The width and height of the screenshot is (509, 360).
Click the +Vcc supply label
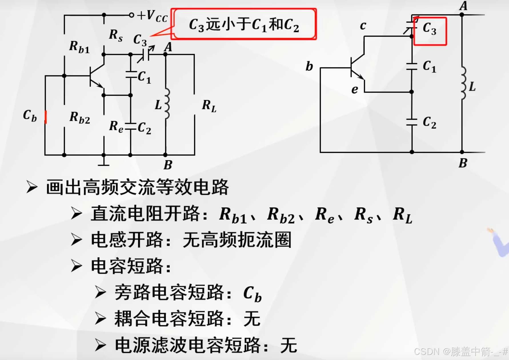click(152, 16)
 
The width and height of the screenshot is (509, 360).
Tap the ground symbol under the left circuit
click(104, 163)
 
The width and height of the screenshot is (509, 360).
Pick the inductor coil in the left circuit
click(167, 103)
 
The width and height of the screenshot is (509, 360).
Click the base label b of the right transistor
click(309, 66)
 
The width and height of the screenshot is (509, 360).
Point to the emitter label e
click(354, 90)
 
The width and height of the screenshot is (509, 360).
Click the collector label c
click(363, 26)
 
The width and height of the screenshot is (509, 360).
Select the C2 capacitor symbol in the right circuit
click(412, 122)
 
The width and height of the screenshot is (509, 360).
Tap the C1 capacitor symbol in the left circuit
click(131, 75)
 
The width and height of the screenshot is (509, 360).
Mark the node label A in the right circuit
click(463, 6)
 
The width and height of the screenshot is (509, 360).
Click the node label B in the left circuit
click(168, 165)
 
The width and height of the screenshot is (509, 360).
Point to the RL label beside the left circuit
click(209, 106)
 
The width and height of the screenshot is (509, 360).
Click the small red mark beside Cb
click(46, 117)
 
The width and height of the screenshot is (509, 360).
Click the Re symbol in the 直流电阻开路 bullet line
click(324, 215)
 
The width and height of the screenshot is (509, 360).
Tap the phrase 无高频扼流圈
click(237, 240)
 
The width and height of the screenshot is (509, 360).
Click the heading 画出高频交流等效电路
click(137, 187)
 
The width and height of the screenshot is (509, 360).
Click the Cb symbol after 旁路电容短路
click(252, 294)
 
